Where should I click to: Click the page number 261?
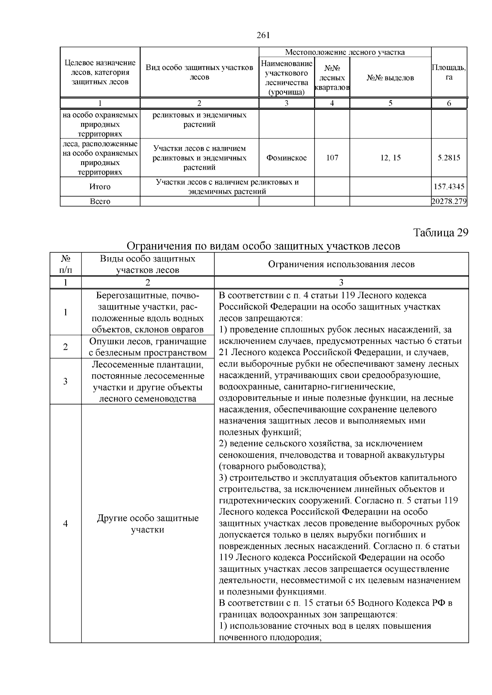(263, 35)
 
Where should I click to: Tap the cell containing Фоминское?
(286, 158)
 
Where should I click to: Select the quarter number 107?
(332, 158)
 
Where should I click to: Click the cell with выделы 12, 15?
(390, 158)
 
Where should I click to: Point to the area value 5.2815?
(449, 158)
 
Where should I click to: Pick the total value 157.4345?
(449, 187)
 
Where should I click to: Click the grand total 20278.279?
(449, 201)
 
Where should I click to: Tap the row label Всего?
(100, 201)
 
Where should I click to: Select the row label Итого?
(100, 187)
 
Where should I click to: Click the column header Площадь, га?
(449, 72)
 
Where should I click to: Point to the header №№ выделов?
(390, 78)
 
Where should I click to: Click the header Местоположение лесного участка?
(344, 52)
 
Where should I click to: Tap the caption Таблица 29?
(440, 233)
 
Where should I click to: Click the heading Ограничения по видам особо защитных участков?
(263, 246)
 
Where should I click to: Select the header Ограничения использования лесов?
(341, 265)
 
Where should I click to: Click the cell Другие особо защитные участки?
(148, 524)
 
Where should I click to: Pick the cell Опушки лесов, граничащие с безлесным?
(148, 347)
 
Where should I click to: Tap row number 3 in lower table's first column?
(65, 381)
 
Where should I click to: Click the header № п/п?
(65, 265)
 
